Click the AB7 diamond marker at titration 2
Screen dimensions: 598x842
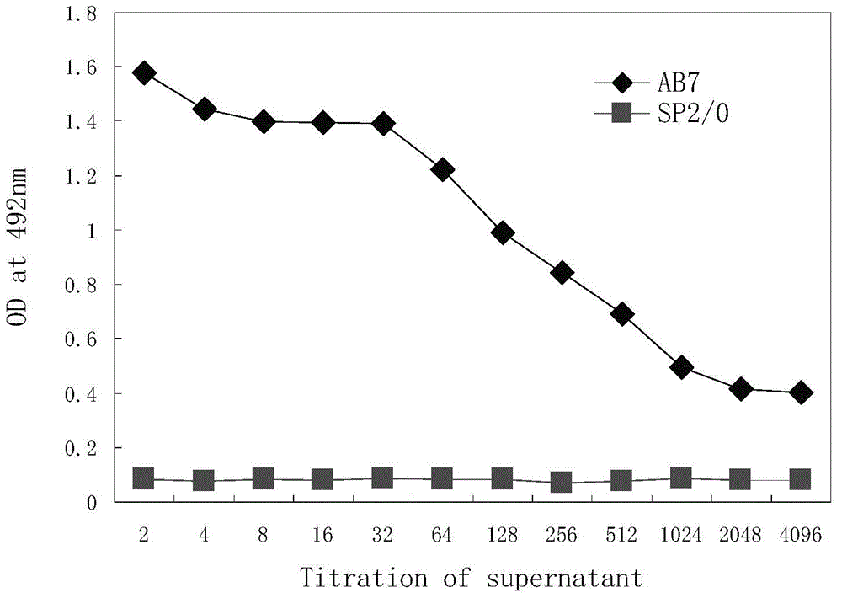click(x=144, y=72)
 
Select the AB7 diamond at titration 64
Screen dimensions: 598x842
click(x=443, y=169)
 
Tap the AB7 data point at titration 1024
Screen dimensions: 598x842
click(x=682, y=366)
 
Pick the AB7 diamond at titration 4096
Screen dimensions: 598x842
click(x=802, y=392)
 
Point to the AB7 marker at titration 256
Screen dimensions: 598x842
click(x=562, y=272)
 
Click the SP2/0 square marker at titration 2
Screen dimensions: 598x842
click(x=144, y=479)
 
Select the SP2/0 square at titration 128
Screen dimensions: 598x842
click(x=503, y=479)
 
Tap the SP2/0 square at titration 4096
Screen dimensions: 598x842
click(x=802, y=480)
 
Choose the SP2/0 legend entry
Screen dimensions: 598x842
click(x=660, y=113)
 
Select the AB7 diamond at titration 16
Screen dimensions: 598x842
click(x=323, y=123)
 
